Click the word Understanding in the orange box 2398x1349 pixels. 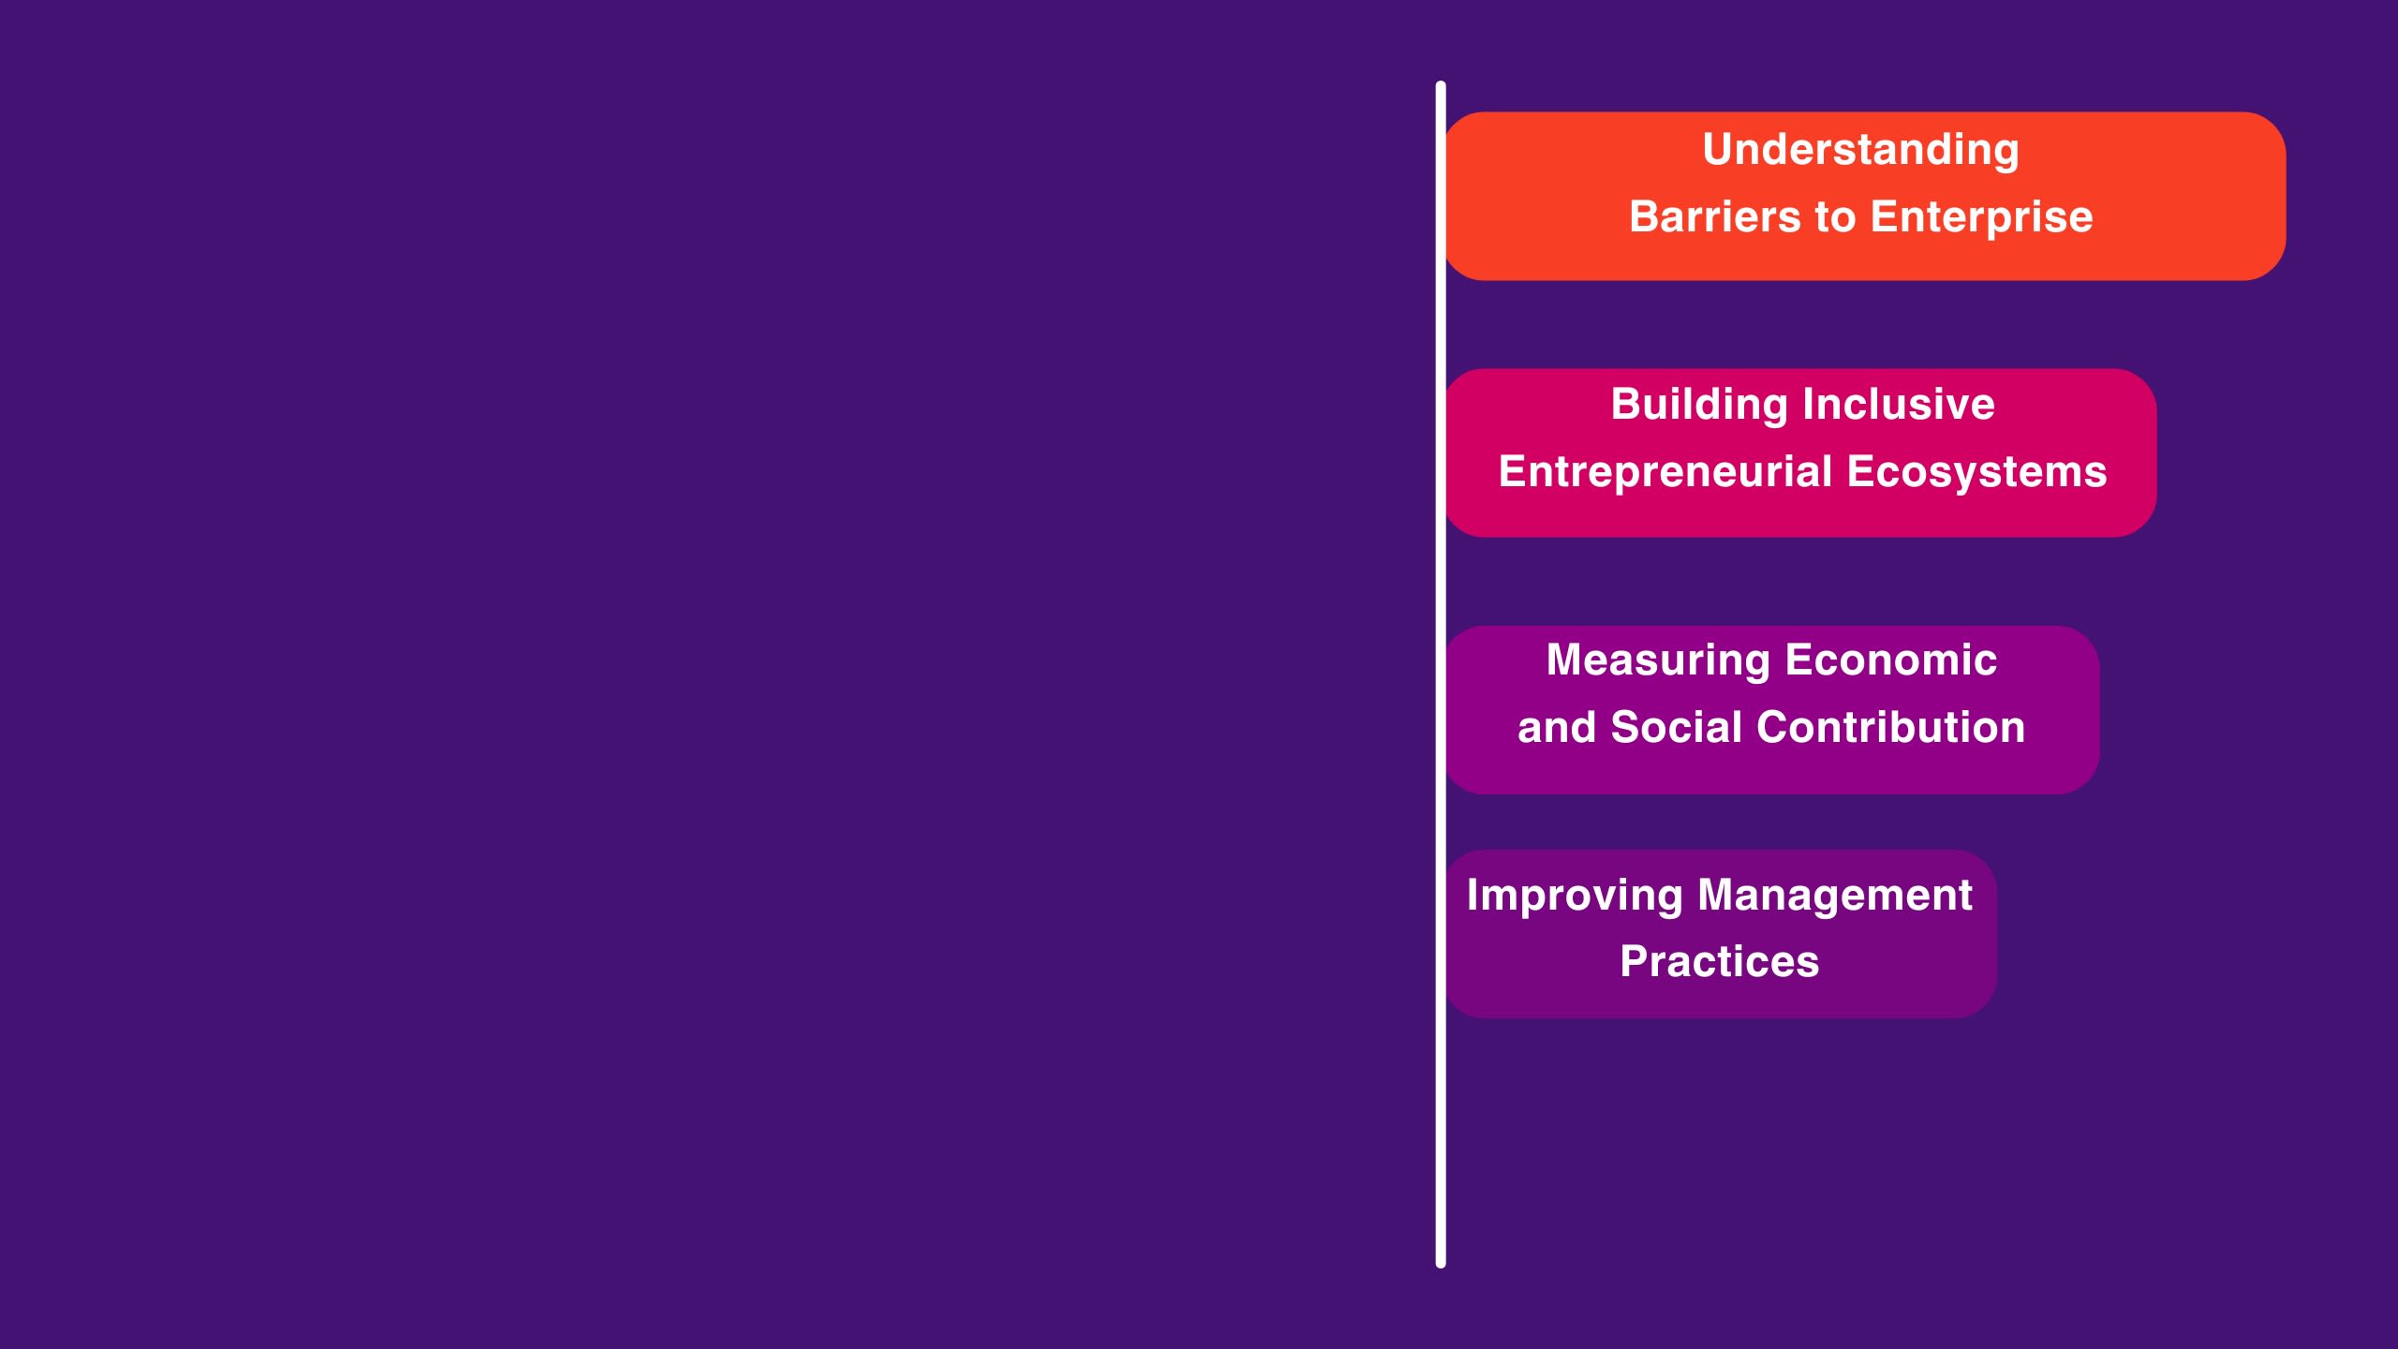coord(1860,150)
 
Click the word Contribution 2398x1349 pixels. coord(1902,727)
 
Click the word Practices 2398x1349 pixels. coord(1720,962)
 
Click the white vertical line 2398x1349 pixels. coord(1441,674)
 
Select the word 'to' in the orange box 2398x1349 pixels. coord(1835,218)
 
